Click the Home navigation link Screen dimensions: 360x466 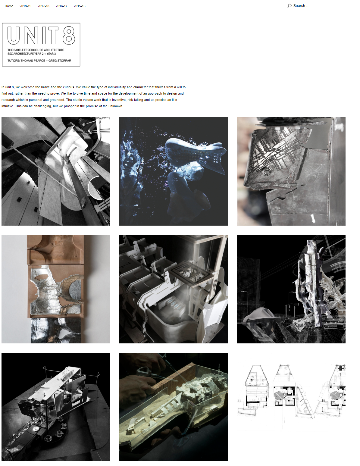9,6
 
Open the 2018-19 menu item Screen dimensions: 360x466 25,6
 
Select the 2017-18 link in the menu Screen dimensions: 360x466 43,6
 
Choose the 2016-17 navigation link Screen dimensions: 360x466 61,6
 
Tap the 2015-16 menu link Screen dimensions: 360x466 79,6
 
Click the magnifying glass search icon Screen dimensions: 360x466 290,6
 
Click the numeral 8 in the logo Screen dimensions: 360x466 69,36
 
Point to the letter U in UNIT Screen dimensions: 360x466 14,35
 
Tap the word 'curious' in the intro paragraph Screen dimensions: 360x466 69,87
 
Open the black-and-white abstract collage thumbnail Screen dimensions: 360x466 56,171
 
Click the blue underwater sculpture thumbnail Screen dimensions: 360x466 174,171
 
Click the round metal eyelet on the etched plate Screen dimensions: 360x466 267,172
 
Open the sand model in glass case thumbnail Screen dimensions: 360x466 174,407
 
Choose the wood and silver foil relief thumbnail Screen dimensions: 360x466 56,289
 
